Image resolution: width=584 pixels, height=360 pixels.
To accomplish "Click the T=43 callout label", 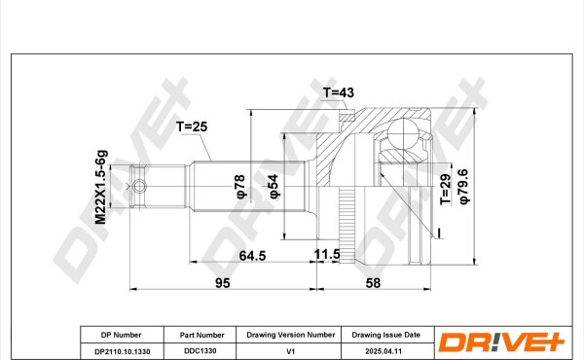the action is (x=338, y=92).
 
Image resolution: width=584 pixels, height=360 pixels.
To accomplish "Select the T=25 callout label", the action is (x=192, y=126).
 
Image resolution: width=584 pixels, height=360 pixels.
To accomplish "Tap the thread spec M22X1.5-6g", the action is (x=101, y=187).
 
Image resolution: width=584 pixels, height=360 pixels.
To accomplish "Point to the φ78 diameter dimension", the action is (x=240, y=186).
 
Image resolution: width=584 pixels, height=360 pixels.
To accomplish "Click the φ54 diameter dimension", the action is (x=274, y=186).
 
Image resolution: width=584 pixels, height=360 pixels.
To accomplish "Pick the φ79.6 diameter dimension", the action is (x=464, y=186).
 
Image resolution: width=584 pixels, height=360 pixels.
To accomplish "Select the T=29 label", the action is (x=446, y=189).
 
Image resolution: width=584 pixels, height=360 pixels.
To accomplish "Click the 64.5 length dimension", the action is (x=252, y=256).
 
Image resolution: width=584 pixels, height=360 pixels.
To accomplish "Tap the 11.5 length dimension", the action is (x=327, y=254).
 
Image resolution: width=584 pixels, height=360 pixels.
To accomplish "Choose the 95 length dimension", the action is (x=223, y=283).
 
